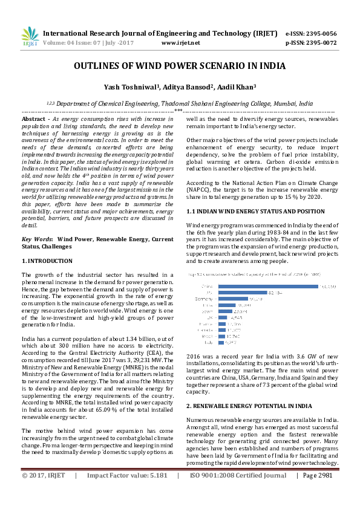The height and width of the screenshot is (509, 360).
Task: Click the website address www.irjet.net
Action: tap(181, 44)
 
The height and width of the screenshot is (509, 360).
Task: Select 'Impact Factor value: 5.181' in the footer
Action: tap(127, 493)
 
